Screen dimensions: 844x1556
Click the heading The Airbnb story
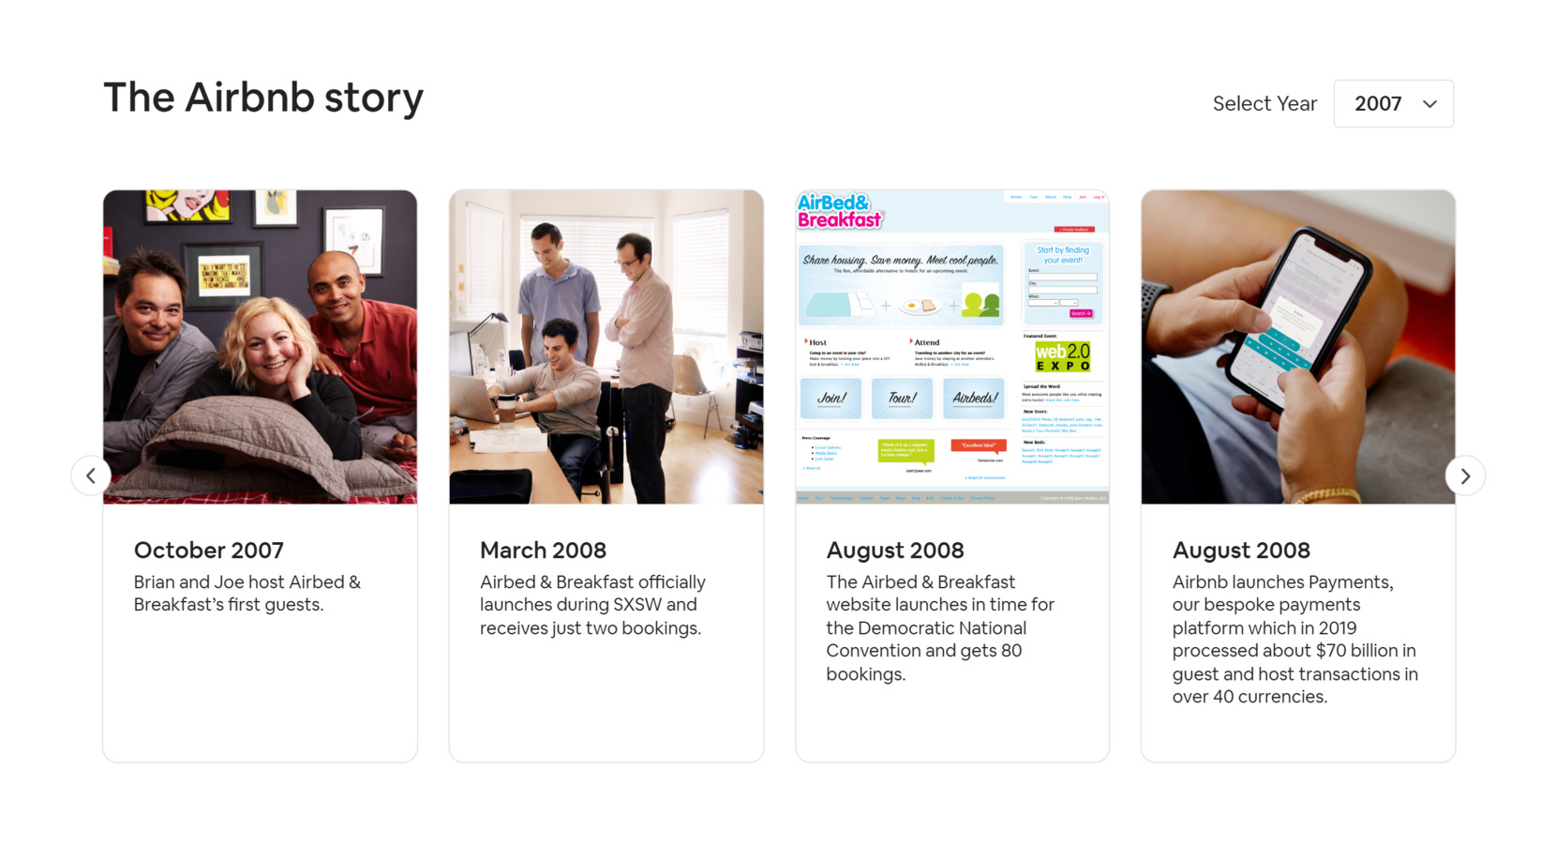pos(262,98)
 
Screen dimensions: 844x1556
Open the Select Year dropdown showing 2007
pos(1393,104)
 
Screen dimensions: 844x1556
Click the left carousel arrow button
pos(91,475)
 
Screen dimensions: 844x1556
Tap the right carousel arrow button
pos(1465,476)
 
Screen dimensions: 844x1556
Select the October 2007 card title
pos(208,550)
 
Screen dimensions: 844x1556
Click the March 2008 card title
pos(543,550)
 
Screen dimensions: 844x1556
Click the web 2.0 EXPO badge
pos(1062,356)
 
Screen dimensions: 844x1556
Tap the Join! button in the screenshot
pos(830,399)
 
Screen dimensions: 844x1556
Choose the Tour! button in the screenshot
pos(902,399)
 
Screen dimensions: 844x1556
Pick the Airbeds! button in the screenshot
pos(975,399)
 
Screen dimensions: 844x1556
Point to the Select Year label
pos(1264,104)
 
